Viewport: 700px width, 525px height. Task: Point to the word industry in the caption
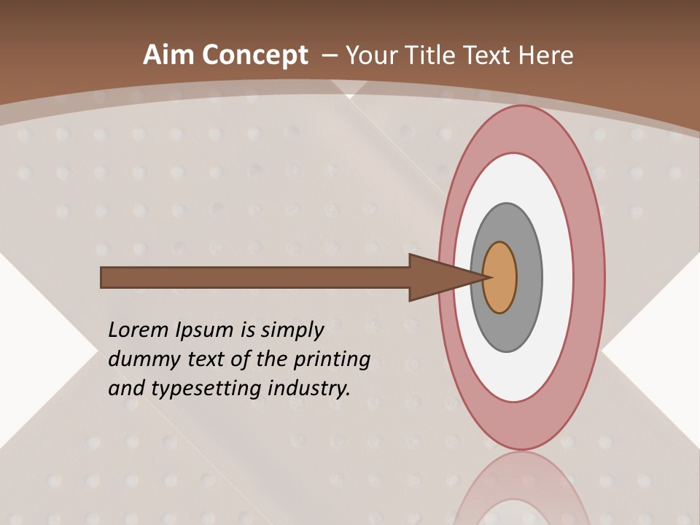coord(309,389)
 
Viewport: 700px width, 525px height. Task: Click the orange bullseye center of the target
coord(501,278)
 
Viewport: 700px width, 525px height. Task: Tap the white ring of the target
coord(558,278)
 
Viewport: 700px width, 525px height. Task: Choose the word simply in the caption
coord(292,331)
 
